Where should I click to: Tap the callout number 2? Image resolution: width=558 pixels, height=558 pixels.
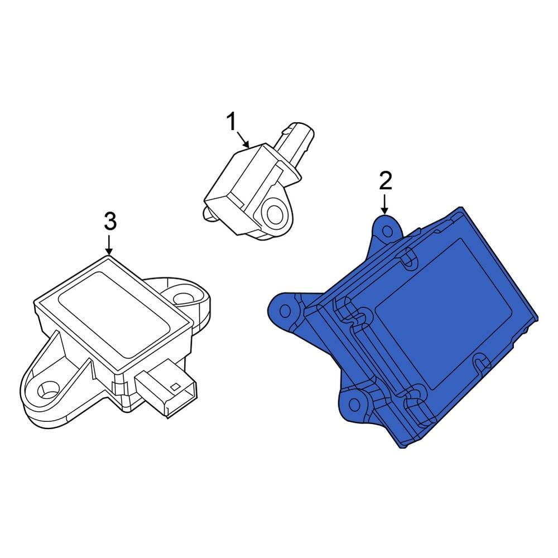tap(386, 181)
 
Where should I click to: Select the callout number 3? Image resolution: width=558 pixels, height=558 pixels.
tap(110, 222)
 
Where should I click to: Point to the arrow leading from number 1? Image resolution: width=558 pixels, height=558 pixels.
tap(244, 138)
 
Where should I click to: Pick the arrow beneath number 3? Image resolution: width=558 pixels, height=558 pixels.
tap(109, 244)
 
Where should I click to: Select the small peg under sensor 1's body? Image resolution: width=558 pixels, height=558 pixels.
tap(208, 212)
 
